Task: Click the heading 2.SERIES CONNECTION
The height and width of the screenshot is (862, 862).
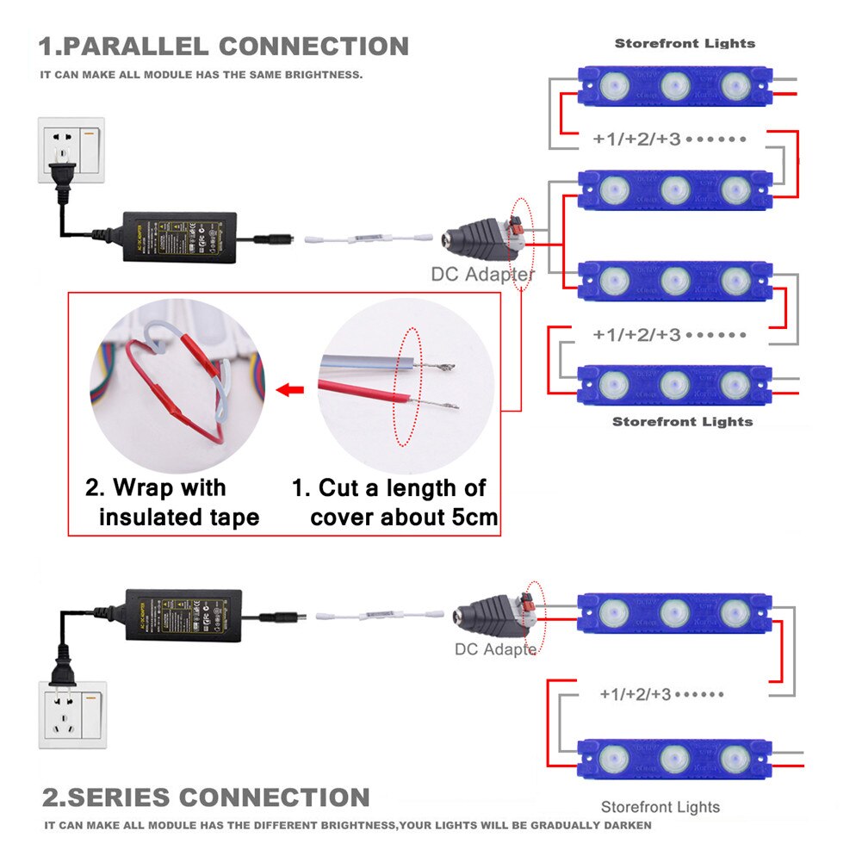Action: tap(207, 797)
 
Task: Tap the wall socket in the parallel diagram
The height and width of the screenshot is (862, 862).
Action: tap(71, 150)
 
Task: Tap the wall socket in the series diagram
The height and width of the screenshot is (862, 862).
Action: tap(72, 715)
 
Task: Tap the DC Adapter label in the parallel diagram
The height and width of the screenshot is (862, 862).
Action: tap(483, 275)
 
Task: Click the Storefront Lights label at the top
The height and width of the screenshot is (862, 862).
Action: tap(685, 43)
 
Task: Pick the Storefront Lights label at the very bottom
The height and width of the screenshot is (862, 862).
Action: tap(660, 807)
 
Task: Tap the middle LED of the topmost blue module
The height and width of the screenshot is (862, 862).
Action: tap(675, 85)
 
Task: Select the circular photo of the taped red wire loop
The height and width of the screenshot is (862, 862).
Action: tap(176, 385)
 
